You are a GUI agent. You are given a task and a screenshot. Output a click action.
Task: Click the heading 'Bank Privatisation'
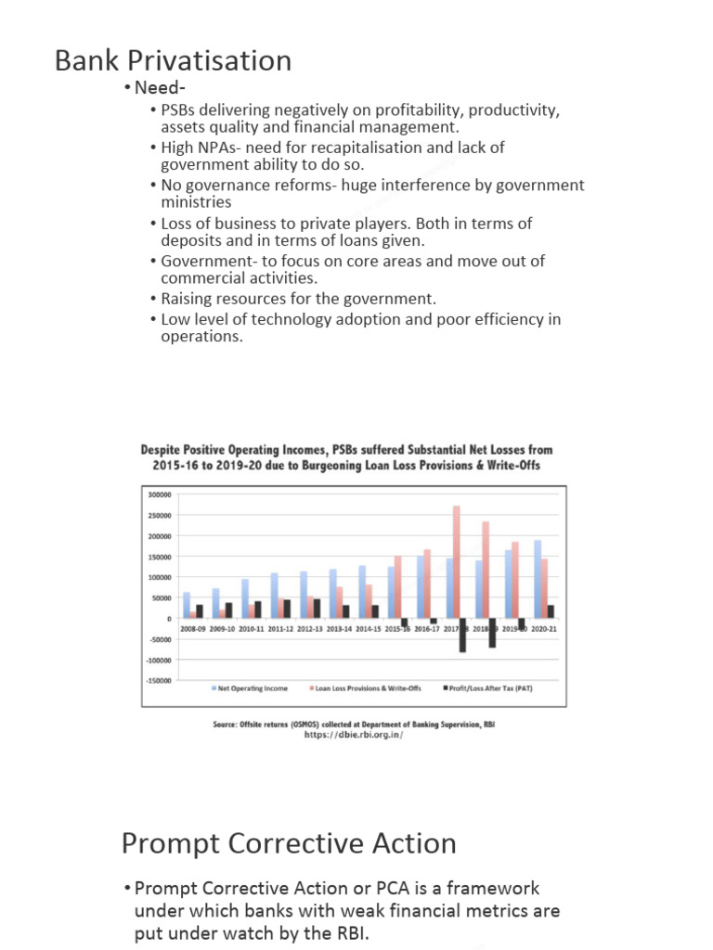173,61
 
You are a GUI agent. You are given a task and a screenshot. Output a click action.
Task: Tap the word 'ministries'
196,202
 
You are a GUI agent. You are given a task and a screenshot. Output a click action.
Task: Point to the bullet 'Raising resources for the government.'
298,299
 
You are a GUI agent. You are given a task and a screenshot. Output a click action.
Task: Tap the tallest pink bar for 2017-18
456,561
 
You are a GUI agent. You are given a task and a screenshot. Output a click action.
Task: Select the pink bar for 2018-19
485,570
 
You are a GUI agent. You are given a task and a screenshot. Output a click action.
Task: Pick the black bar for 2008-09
199,611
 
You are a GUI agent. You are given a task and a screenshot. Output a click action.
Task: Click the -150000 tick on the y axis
158,680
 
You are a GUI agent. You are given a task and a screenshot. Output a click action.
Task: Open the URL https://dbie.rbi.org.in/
355,736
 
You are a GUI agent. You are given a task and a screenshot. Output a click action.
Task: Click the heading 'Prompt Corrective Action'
289,843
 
